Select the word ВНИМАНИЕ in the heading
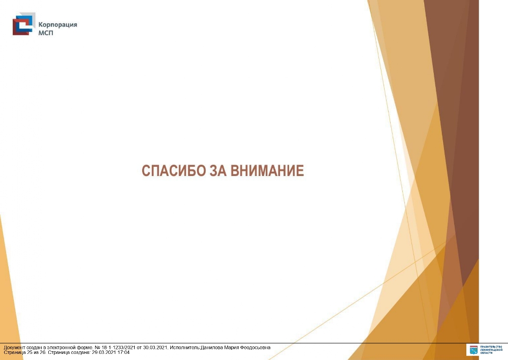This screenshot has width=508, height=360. pos(267,171)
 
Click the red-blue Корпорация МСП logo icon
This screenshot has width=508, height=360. pos(24,24)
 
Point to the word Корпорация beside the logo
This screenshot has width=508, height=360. pos(58,25)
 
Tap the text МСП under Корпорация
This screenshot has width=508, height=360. pos(46,33)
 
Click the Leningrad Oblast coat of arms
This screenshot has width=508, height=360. pos(473,350)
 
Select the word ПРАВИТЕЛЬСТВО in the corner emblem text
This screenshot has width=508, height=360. pos(491,347)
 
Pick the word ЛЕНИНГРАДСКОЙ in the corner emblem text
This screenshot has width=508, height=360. pos(491,350)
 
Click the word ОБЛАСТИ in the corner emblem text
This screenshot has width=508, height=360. pos(486,353)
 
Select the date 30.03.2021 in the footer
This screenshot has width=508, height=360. pos(155,348)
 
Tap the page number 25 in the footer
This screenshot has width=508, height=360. pos(29,352)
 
